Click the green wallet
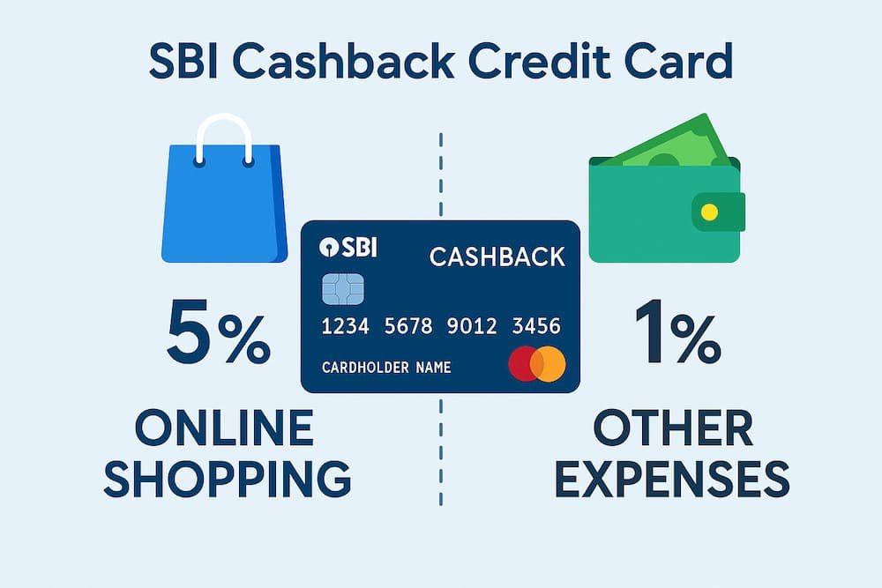point(661,212)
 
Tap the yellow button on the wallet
point(708,212)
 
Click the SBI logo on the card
point(348,248)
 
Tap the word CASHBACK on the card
point(497,257)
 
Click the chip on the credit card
point(343,288)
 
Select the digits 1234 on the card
point(347,327)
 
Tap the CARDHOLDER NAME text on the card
point(386,367)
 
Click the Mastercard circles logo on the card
point(537,364)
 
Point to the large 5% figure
point(218,335)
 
